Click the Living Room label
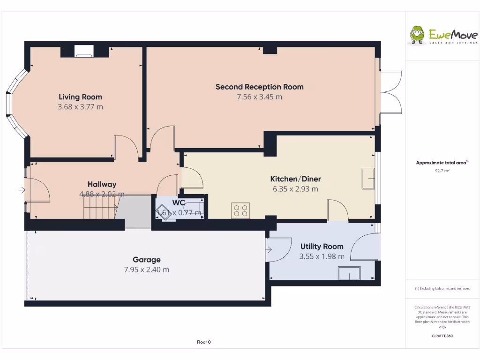pyautogui.click(x=80, y=97)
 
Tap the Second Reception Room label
pyautogui.click(x=259, y=87)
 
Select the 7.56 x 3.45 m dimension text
pyautogui.click(x=259, y=97)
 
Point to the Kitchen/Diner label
pyautogui.click(x=295, y=179)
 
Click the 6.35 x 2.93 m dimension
pyautogui.click(x=295, y=189)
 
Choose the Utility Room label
pyautogui.click(x=322, y=247)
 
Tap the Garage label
pyautogui.click(x=146, y=260)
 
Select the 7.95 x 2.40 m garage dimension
pyautogui.click(x=146, y=270)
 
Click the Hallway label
pyautogui.click(x=102, y=184)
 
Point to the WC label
pyautogui.click(x=179, y=203)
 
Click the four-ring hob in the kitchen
pyautogui.click(x=240, y=210)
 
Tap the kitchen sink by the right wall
pyautogui.click(x=368, y=179)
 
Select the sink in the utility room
pyautogui.click(x=349, y=273)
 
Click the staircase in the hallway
pyautogui.click(x=99, y=207)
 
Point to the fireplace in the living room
pyautogui.click(x=84, y=51)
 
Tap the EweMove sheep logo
pyautogui.click(x=417, y=35)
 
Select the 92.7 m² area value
pyautogui.click(x=442, y=171)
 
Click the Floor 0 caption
pyautogui.click(x=203, y=342)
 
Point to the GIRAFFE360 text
pyautogui.click(x=442, y=336)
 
